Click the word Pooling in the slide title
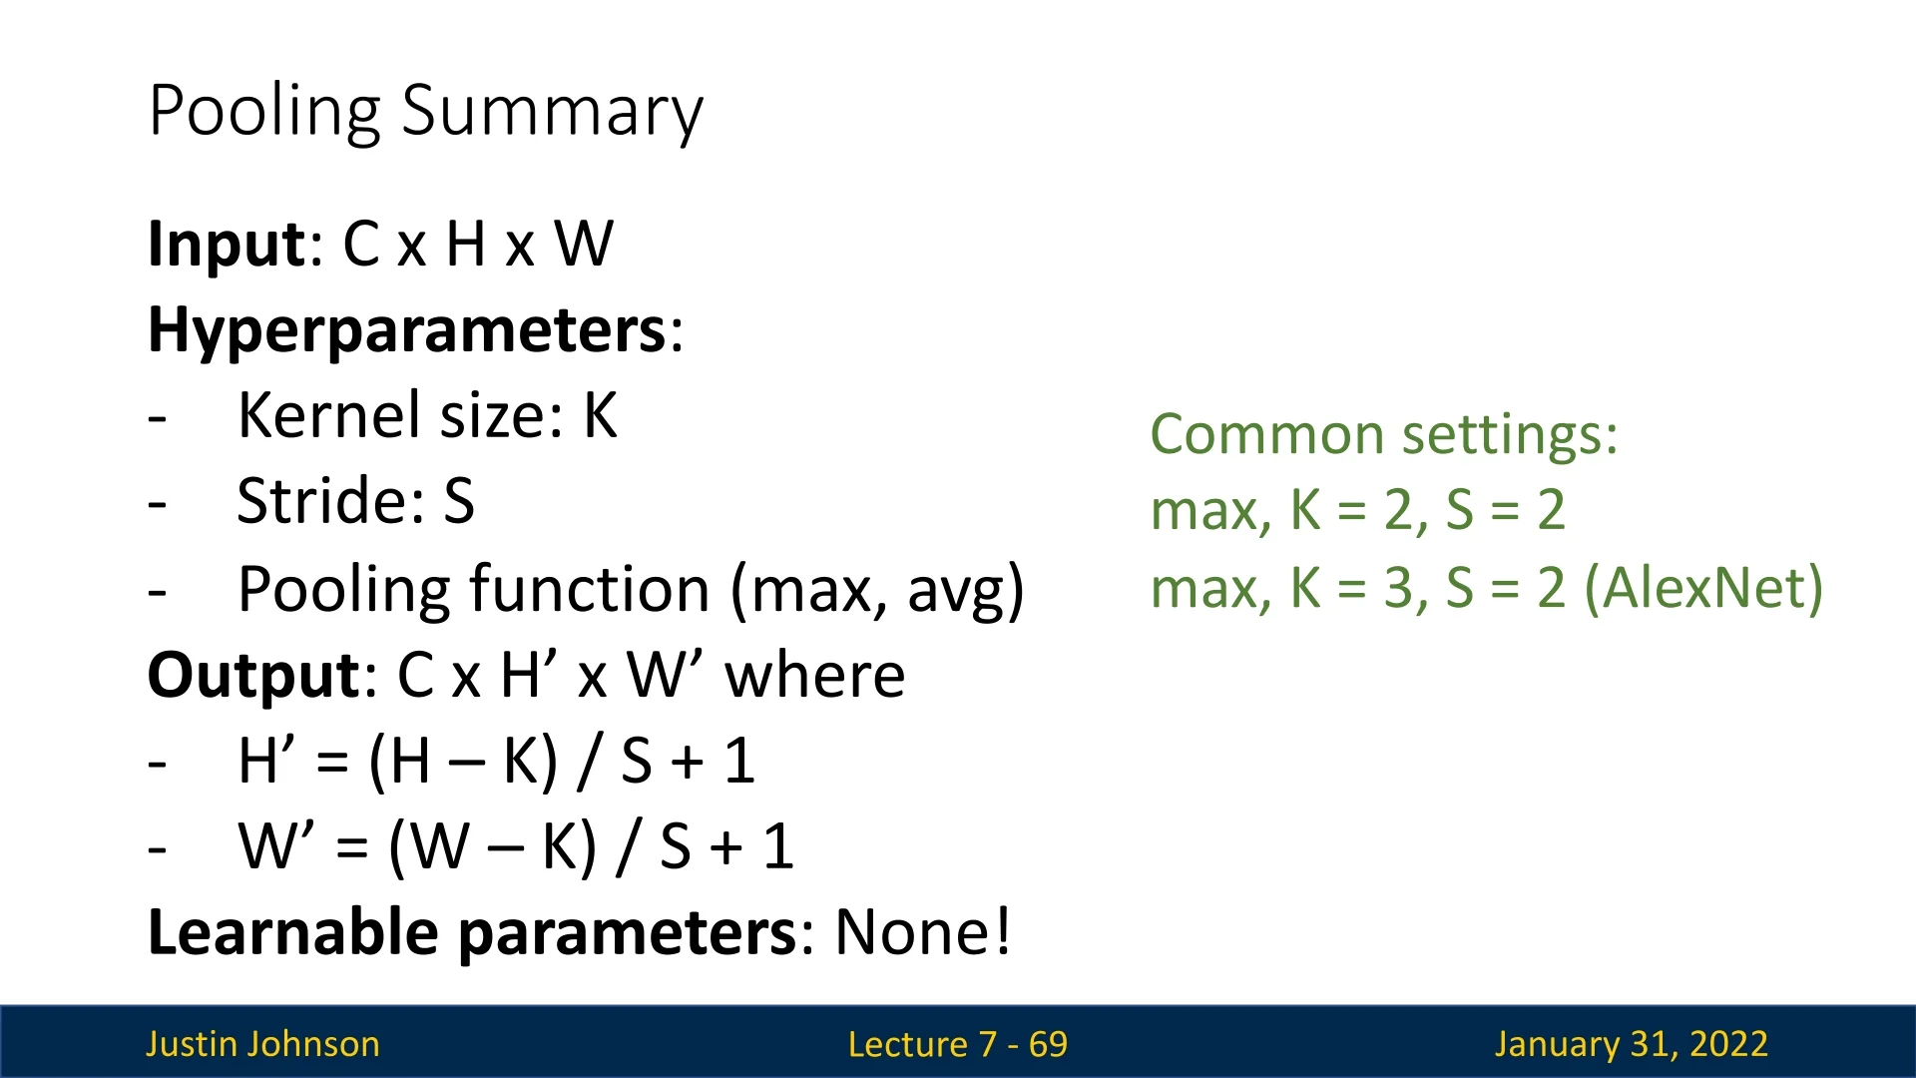[x=264, y=112]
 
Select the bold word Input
[x=227, y=245]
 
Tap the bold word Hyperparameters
[x=407, y=331]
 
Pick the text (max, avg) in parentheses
[x=877, y=590]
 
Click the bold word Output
[x=254, y=676]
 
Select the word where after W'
[x=815, y=676]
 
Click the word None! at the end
[x=922, y=932]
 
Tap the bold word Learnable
[x=292, y=932]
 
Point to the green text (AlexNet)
[x=1703, y=588]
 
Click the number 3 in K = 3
[x=1397, y=588]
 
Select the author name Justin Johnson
[x=262, y=1044]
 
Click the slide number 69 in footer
[x=1048, y=1044]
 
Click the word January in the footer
[x=1557, y=1045]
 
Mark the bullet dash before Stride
[x=157, y=505]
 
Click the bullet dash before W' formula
[x=157, y=850]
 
